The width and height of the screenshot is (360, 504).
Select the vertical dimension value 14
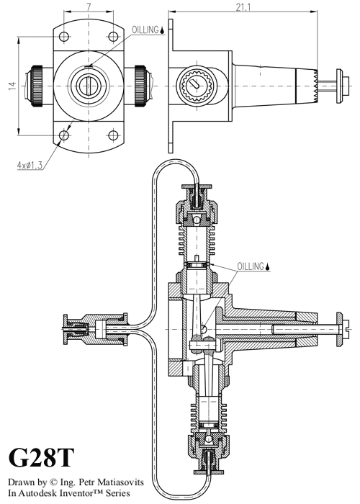pos(12,86)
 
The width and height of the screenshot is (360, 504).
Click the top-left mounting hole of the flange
pos(65,37)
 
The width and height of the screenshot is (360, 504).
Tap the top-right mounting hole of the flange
pos(112,37)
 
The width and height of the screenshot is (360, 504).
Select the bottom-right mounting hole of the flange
pos(112,135)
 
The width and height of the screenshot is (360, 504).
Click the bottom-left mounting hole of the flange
pos(65,135)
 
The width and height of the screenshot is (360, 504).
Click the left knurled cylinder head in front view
pos(36,86)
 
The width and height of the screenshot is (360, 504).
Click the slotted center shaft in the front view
pos(88,86)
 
